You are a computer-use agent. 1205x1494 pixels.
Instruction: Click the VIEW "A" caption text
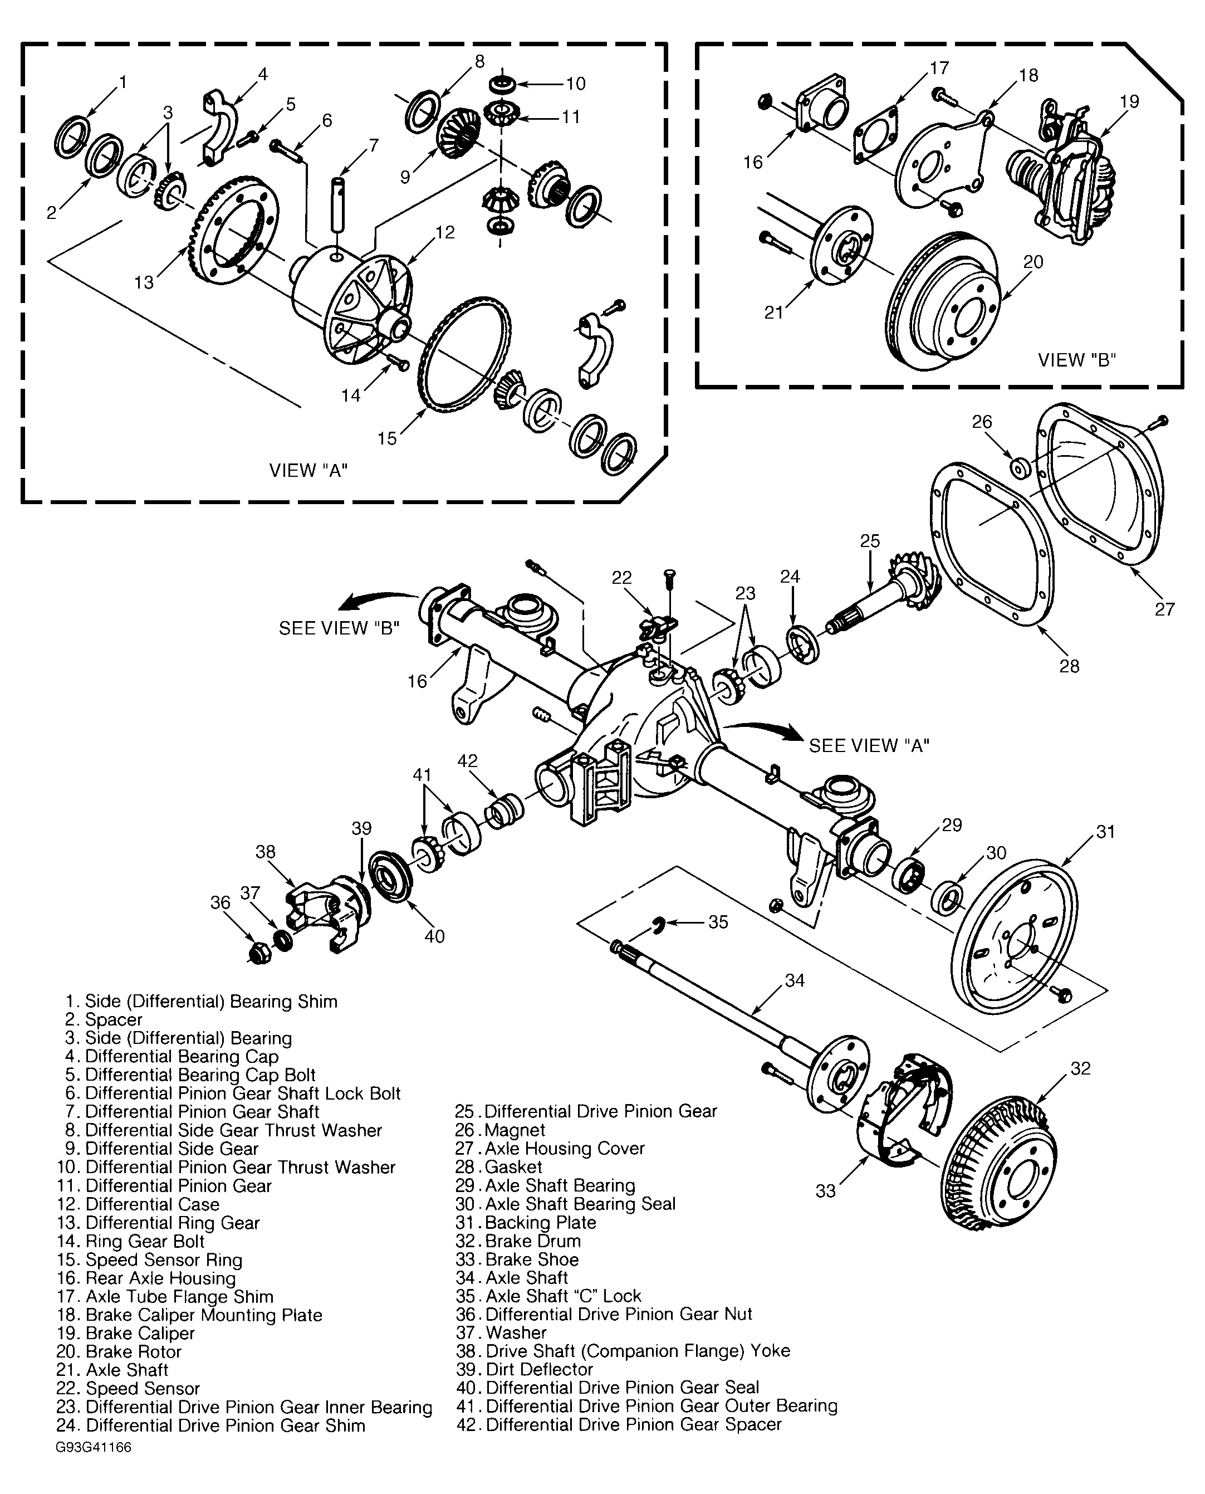click(308, 471)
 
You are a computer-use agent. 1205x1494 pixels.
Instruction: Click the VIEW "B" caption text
click(1076, 360)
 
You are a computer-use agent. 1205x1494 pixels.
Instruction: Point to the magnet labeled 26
click(1019, 468)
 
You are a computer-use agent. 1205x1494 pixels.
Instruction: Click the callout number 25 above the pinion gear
click(870, 541)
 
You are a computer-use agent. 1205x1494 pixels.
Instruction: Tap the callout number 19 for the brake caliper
click(1129, 101)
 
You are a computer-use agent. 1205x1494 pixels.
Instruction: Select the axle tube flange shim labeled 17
click(875, 135)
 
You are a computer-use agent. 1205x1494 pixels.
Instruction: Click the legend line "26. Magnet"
click(501, 1130)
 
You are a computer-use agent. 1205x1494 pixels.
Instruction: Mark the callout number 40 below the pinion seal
click(434, 936)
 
